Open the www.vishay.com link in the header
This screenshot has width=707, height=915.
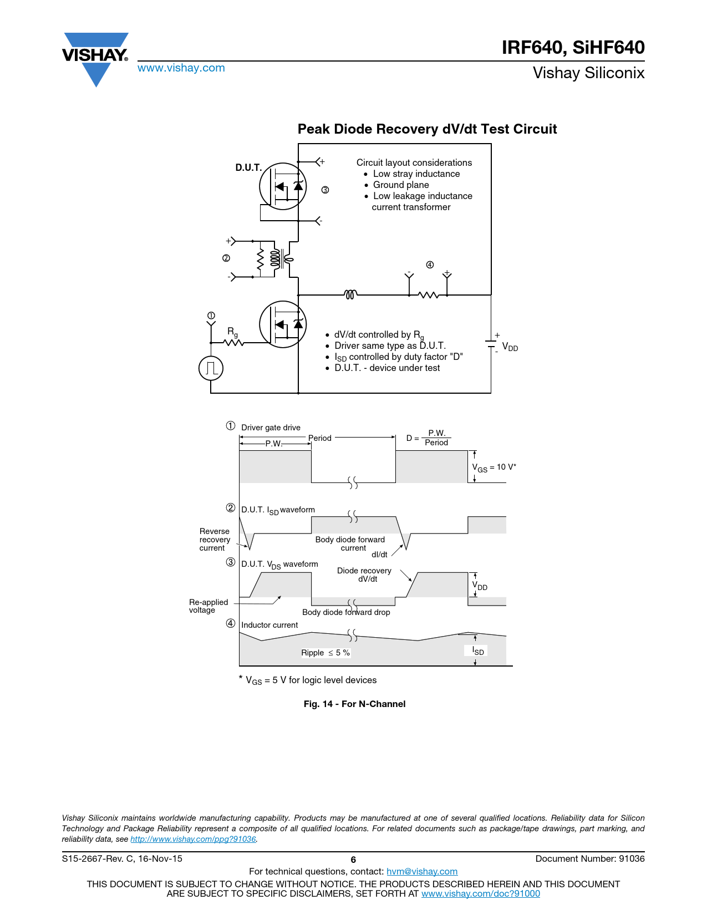point(181,68)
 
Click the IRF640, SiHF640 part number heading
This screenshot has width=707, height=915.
point(573,48)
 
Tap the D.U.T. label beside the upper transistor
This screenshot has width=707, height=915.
point(248,167)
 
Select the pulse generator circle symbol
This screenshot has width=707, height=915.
point(211,368)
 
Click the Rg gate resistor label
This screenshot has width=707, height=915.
point(232,332)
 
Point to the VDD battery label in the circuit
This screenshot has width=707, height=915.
point(510,348)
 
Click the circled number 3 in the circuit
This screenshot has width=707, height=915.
point(325,190)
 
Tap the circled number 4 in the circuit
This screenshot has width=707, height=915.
point(430,265)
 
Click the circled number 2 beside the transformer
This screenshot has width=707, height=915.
point(226,258)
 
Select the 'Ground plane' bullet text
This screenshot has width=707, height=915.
point(401,185)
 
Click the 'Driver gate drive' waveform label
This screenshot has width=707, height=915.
point(271,428)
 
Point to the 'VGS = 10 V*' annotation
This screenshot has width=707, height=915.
point(494,467)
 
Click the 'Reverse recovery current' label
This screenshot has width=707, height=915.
point(215,540)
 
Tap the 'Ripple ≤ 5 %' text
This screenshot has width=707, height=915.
point(325,653)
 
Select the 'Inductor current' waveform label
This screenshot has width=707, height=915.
point(269,625)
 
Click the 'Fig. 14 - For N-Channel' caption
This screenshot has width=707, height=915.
point(354,704)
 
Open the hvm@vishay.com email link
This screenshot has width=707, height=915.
point(422,872)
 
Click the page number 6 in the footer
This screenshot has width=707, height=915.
point(353,860)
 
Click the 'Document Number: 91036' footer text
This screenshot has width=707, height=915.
point(590,859)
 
